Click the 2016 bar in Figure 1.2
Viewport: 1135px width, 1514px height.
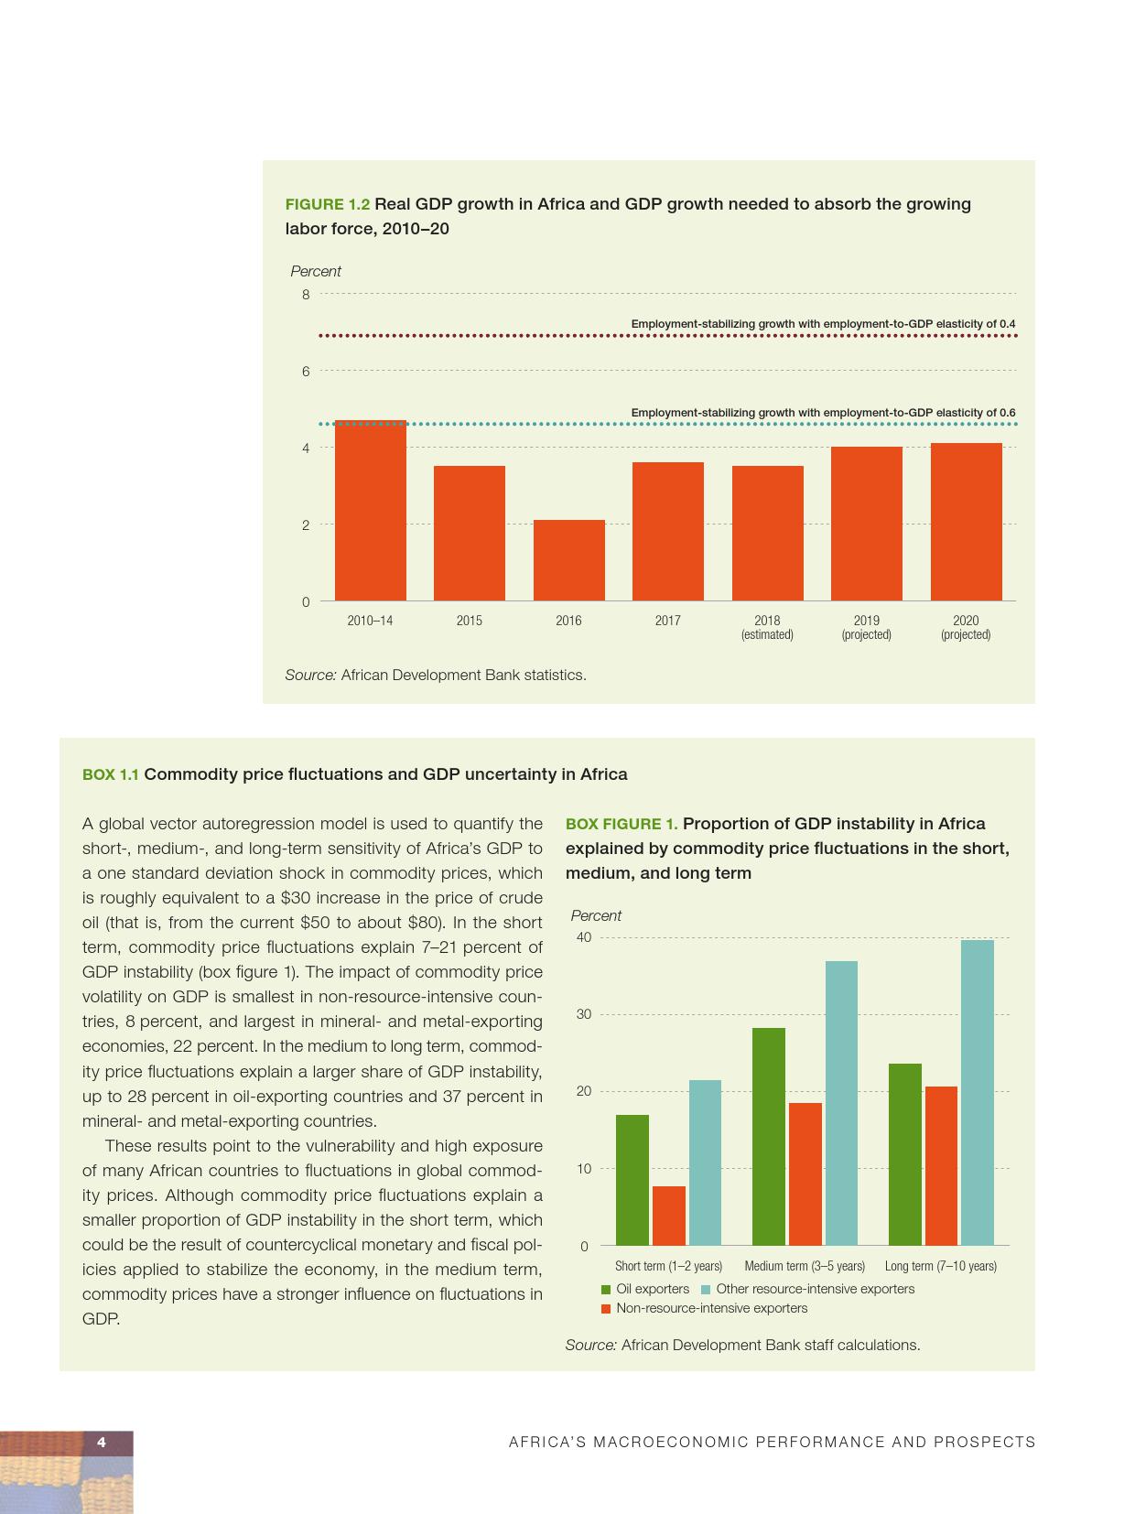(568, 560)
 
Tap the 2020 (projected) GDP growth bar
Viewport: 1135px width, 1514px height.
(966, 522)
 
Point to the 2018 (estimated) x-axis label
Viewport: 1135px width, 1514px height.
(767, 627)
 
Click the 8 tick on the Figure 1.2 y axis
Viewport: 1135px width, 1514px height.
(306, 295)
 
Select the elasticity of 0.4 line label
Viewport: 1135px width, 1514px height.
(823, 324)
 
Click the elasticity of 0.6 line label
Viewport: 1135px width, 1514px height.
(823, 413)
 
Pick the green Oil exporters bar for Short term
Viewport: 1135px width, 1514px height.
(632, 1180)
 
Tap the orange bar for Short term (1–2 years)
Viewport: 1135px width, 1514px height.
(668, 1216)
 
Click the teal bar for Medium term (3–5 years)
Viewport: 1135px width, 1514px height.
(841, 1103)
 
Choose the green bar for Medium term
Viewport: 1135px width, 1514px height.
(768, 1136)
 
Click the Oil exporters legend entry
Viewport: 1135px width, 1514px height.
(645, 1289)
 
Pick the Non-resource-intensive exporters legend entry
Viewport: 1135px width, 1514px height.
(704, 1308)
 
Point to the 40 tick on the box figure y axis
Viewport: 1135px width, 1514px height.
(583, 937)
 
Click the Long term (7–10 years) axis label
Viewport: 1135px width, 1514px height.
(940, 1266)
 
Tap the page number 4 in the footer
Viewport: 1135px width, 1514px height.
(102, 1443)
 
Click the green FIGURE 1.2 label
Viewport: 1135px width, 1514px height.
(328, 204)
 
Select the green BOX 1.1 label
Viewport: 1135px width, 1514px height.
(111, 774)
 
